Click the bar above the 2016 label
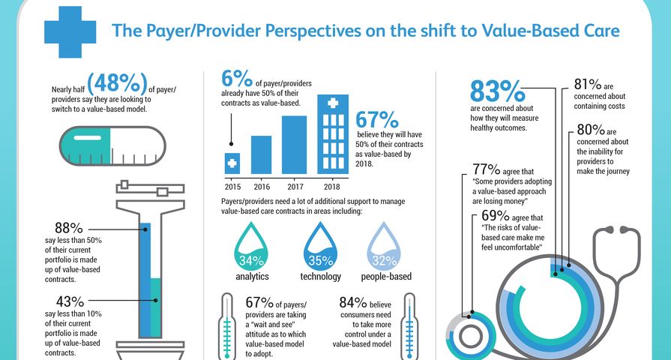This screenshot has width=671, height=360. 261,154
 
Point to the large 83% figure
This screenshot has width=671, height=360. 496,91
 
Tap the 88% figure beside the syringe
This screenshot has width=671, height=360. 68,228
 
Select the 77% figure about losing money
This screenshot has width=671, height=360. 487,169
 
